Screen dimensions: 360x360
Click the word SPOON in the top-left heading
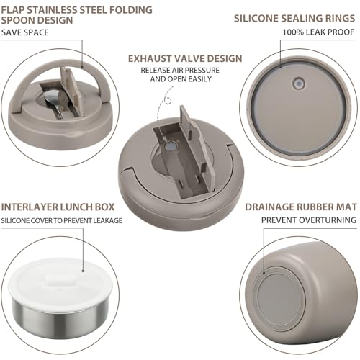17,20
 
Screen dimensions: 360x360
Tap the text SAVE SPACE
25,32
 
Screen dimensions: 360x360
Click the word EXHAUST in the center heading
149,59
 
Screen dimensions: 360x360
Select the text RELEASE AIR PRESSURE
180,71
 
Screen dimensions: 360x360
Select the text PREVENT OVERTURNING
309,220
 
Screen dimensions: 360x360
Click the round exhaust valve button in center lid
171,146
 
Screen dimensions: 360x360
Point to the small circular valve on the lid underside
299,84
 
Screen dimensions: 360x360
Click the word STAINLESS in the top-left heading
55,10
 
